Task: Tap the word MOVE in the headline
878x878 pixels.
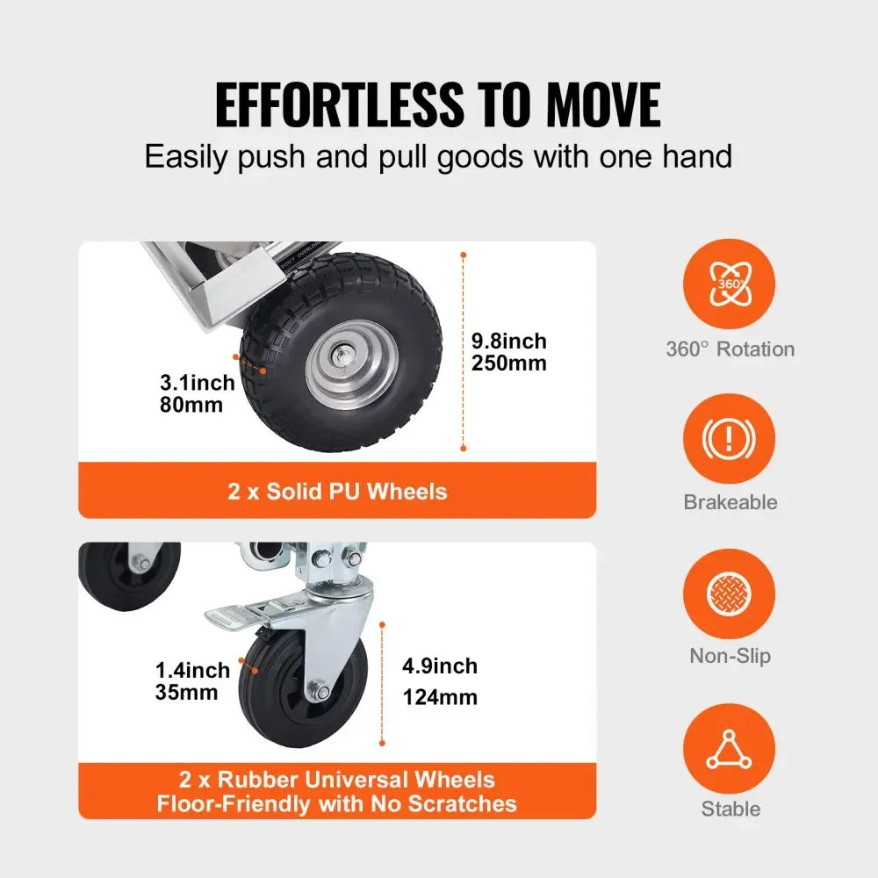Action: pos(603,105)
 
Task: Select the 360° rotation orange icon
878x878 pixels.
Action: pos(729,284)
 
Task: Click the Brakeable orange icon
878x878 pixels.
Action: pos(729,437)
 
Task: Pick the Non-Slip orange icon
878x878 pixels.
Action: pos(729,591)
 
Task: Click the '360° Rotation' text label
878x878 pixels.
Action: pos(730,349)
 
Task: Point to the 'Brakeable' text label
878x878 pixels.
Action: pos(730,502)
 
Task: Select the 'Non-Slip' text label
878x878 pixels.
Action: pos(730,655)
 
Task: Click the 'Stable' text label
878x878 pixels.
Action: pos(730,809)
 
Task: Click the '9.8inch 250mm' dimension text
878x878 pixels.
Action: pos(508,351)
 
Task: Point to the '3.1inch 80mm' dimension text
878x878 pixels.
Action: pos(198,393)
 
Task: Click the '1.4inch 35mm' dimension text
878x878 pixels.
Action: pos(192,680)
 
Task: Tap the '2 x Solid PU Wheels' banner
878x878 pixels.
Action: pos(337,491)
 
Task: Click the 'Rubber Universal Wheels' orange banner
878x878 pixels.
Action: pos(337,791)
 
